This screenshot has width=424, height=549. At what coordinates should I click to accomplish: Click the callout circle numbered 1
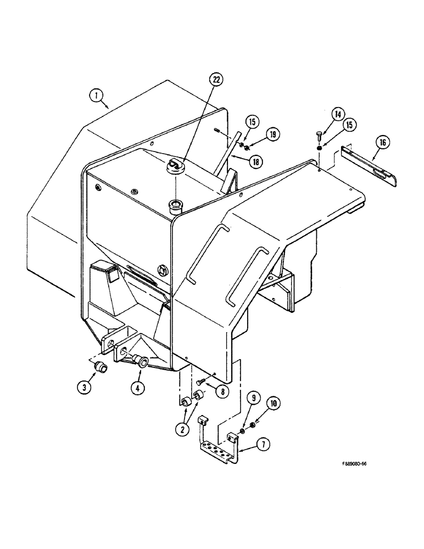tap(98, 97)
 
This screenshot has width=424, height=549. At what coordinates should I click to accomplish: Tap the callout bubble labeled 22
tap(217, 80)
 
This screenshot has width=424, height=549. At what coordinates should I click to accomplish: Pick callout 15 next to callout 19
tap(251, 121)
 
